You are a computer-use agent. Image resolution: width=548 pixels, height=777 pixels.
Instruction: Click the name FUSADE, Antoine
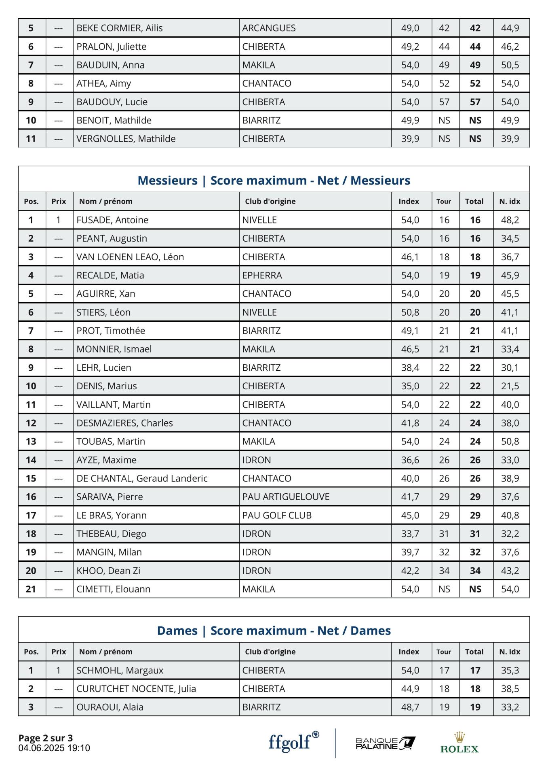(112, 220)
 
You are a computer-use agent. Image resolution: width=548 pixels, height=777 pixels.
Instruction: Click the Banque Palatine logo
(385, 743)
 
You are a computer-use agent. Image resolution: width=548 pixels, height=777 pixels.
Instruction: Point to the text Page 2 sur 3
(46, 738)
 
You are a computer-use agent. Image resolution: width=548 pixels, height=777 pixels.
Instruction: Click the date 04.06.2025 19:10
(54, 748)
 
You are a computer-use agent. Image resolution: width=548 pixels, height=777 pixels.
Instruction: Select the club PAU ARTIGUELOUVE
(286, 497)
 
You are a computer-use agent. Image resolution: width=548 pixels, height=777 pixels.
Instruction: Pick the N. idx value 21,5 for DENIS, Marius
(510, 386)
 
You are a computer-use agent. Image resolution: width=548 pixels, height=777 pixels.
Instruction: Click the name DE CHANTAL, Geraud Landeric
(142, 478)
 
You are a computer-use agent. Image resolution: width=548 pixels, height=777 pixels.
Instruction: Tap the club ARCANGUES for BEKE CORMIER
(269, 28)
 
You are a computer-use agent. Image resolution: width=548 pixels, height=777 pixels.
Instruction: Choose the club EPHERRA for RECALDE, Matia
(262, 275)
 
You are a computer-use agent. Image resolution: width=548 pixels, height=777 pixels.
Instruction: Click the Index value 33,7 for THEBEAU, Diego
(410, 534)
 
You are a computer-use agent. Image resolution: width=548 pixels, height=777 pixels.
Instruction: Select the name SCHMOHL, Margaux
(120, 670)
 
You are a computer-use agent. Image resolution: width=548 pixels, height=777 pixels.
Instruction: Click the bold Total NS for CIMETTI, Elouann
(475, 589)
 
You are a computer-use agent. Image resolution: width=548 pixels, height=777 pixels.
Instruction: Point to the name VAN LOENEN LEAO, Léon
(130, 257)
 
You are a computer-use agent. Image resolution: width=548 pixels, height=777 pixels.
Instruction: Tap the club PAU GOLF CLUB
(277, 515)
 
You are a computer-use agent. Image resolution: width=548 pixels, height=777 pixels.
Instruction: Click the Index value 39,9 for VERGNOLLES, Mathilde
(410, 139)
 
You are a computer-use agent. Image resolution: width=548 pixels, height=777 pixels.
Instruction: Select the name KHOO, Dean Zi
(108, 571)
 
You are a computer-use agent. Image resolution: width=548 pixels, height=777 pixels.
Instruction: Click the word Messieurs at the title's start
(167, 180)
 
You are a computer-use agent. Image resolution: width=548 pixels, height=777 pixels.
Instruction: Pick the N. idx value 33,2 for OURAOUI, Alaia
(510, 707)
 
